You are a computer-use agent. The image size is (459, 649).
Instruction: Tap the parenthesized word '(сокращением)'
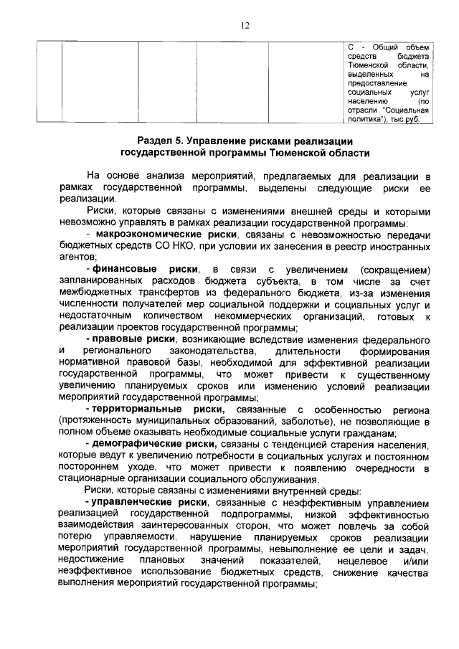[397, 269]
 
